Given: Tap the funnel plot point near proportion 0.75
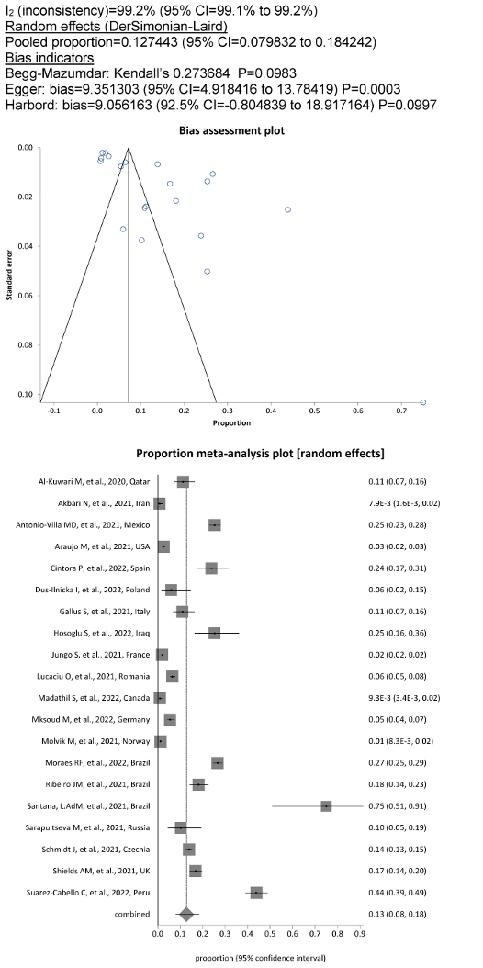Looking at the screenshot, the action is (x=423, y=402).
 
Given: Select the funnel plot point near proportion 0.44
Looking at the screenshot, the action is (x=287, y=210).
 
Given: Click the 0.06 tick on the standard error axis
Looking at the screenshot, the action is (x=28, y=296).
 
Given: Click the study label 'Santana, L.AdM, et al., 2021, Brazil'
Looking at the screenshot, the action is (x=100, y=806).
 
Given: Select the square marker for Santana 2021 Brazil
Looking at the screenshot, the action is (x=326, y=806).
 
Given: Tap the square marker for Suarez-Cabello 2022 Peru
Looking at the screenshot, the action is (x=256, y=893).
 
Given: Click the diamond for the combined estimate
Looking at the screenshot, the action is (x=186, y=915).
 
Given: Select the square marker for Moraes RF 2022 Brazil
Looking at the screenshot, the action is (x=217, y=763).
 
